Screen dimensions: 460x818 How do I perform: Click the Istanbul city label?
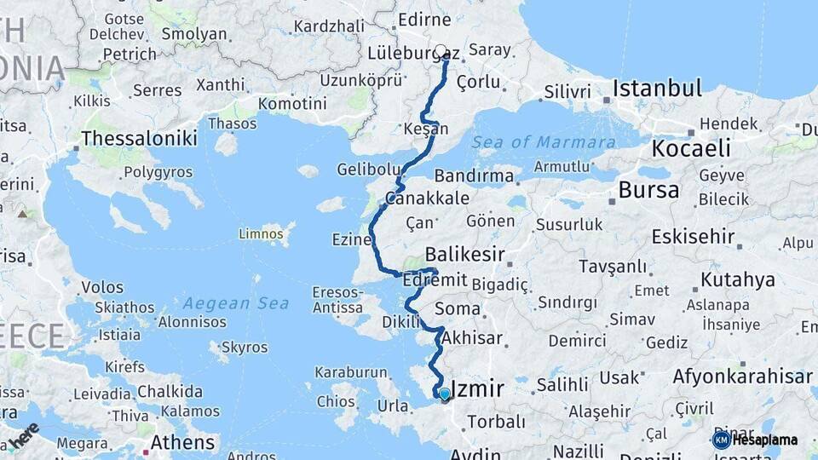[x=657, y=88]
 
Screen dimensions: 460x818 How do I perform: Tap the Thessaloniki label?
[x=139, y=138]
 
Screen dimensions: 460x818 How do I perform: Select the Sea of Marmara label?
[x=544, y=142]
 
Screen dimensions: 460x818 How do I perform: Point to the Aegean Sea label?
[x=230, y=302]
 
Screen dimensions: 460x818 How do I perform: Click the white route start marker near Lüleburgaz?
[x=441, y=51]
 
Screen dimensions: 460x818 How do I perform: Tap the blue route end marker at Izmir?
[x=444, y=393]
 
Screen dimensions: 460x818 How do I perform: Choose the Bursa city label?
[x=648, y=189]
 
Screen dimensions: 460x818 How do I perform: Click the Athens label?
[x=182, y=442]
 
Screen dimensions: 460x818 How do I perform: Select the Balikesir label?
[x=465, y=254]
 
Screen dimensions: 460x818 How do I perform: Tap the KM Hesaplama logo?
[x=755, y=440]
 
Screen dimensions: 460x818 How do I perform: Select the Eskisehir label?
[x=693, y=236]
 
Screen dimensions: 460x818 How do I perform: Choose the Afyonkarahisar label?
[x=742, y=376]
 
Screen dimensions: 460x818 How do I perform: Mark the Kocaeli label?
[x=691, y=148]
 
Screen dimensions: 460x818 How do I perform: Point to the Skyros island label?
[x=245, y=348]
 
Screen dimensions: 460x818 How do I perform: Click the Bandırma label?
[x=474, y=176]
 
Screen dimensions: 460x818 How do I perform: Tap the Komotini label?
[x=292, y=103]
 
